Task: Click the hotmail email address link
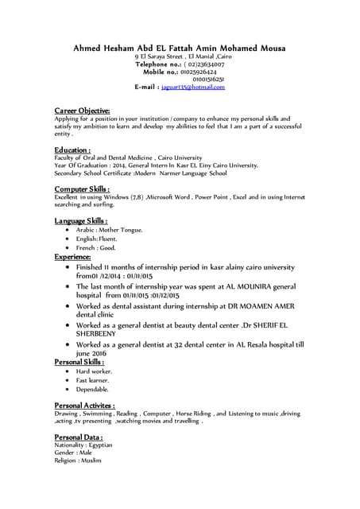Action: pyautogui.click(x=193, y=87)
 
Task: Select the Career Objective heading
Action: pyautogui.click(x=82, y=110)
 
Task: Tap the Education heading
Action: pyautogui.click(x=72, y=150)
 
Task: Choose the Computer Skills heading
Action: pyautogui.click(x=82, y=188)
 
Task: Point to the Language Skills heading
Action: pyautogui.click(x=81, y=220)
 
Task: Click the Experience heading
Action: pyautogui.click(x=73, y=258)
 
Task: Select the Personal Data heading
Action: pyautogui.click(x=78, y=437)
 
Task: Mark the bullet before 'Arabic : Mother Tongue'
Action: pyautogui.click(x=68, y=229)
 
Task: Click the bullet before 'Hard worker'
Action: pyautogui.click(x=68, y=371)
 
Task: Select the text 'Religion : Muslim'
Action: pyautogui.click(x=78, y=460)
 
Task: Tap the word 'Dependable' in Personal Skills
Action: pyautogui.click(x=92, y=389)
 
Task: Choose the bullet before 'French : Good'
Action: pyautogui.click(x=68, y=247)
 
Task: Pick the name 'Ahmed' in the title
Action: pyautogui.click(x=88, y=48)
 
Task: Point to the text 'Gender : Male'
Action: pyautogui.click(x=73, y=453)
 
